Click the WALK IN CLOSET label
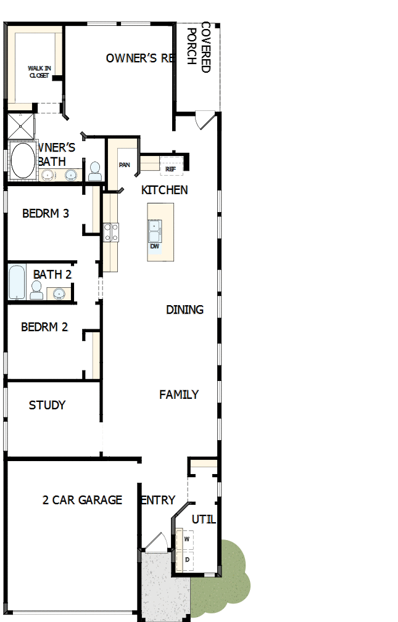pos(38,72)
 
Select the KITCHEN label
pos(164,190)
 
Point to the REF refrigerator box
pos(171,168)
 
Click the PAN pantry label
pos(125,165)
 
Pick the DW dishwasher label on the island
pos(154,246)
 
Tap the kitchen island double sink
pos(154,231)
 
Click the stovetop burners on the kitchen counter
pos(111,232)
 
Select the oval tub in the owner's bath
pos(23,160)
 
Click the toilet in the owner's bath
pos(94,171)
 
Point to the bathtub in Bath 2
pos(17,282)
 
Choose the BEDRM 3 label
pos(45,214)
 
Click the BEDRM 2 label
pos(44,327)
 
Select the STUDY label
pos(47,406)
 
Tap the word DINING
pos(184,309)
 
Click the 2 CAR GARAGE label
pos(82,500)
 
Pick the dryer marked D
pos(186,560)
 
